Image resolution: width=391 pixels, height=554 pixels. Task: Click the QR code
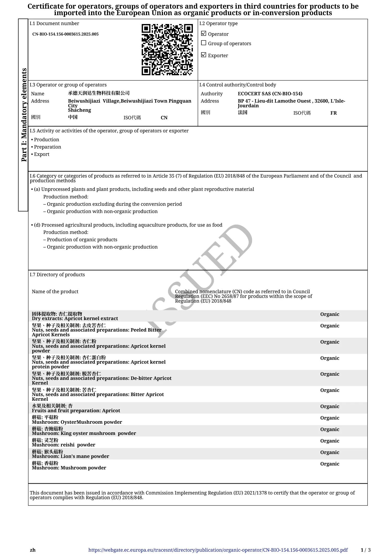click(x=167, y=50)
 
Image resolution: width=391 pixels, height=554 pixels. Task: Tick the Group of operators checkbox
click(x=204, y=43)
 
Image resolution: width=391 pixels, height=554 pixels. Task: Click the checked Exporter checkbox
click(x=204, y=55)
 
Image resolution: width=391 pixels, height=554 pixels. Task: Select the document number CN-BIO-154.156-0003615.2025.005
click(x=65, y=34)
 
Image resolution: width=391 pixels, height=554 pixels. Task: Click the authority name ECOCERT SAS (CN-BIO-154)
click(x=270, y=94)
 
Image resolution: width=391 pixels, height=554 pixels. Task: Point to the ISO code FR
click(x=333, y=113)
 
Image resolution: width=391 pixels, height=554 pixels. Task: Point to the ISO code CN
click(x=164, y=118)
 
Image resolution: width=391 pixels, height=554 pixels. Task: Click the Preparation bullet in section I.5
click(x=47, y=147)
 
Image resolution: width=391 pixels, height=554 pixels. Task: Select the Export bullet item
click(x=41, y=154)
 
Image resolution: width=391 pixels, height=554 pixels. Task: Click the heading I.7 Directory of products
click(x=57, y=275)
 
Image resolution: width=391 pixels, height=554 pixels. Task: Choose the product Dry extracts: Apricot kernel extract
click(x=75, y=319)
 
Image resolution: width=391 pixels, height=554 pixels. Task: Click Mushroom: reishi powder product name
click(x=63, y=445)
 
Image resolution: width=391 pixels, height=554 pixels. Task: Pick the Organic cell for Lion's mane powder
click(x=329, y=452)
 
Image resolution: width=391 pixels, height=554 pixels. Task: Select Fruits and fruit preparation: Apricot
click(x=76, y=411)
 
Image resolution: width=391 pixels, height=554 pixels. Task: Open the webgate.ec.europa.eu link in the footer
click(x=218, y=550)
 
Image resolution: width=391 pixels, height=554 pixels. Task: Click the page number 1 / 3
click(x=365, y=550)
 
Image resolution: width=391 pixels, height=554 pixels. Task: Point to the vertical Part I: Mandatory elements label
click(x=24, y=115)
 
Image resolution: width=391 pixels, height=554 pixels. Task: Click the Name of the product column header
click(x=55, y=292)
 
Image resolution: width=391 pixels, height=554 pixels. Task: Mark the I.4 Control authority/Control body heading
click(x=237, y=85)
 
